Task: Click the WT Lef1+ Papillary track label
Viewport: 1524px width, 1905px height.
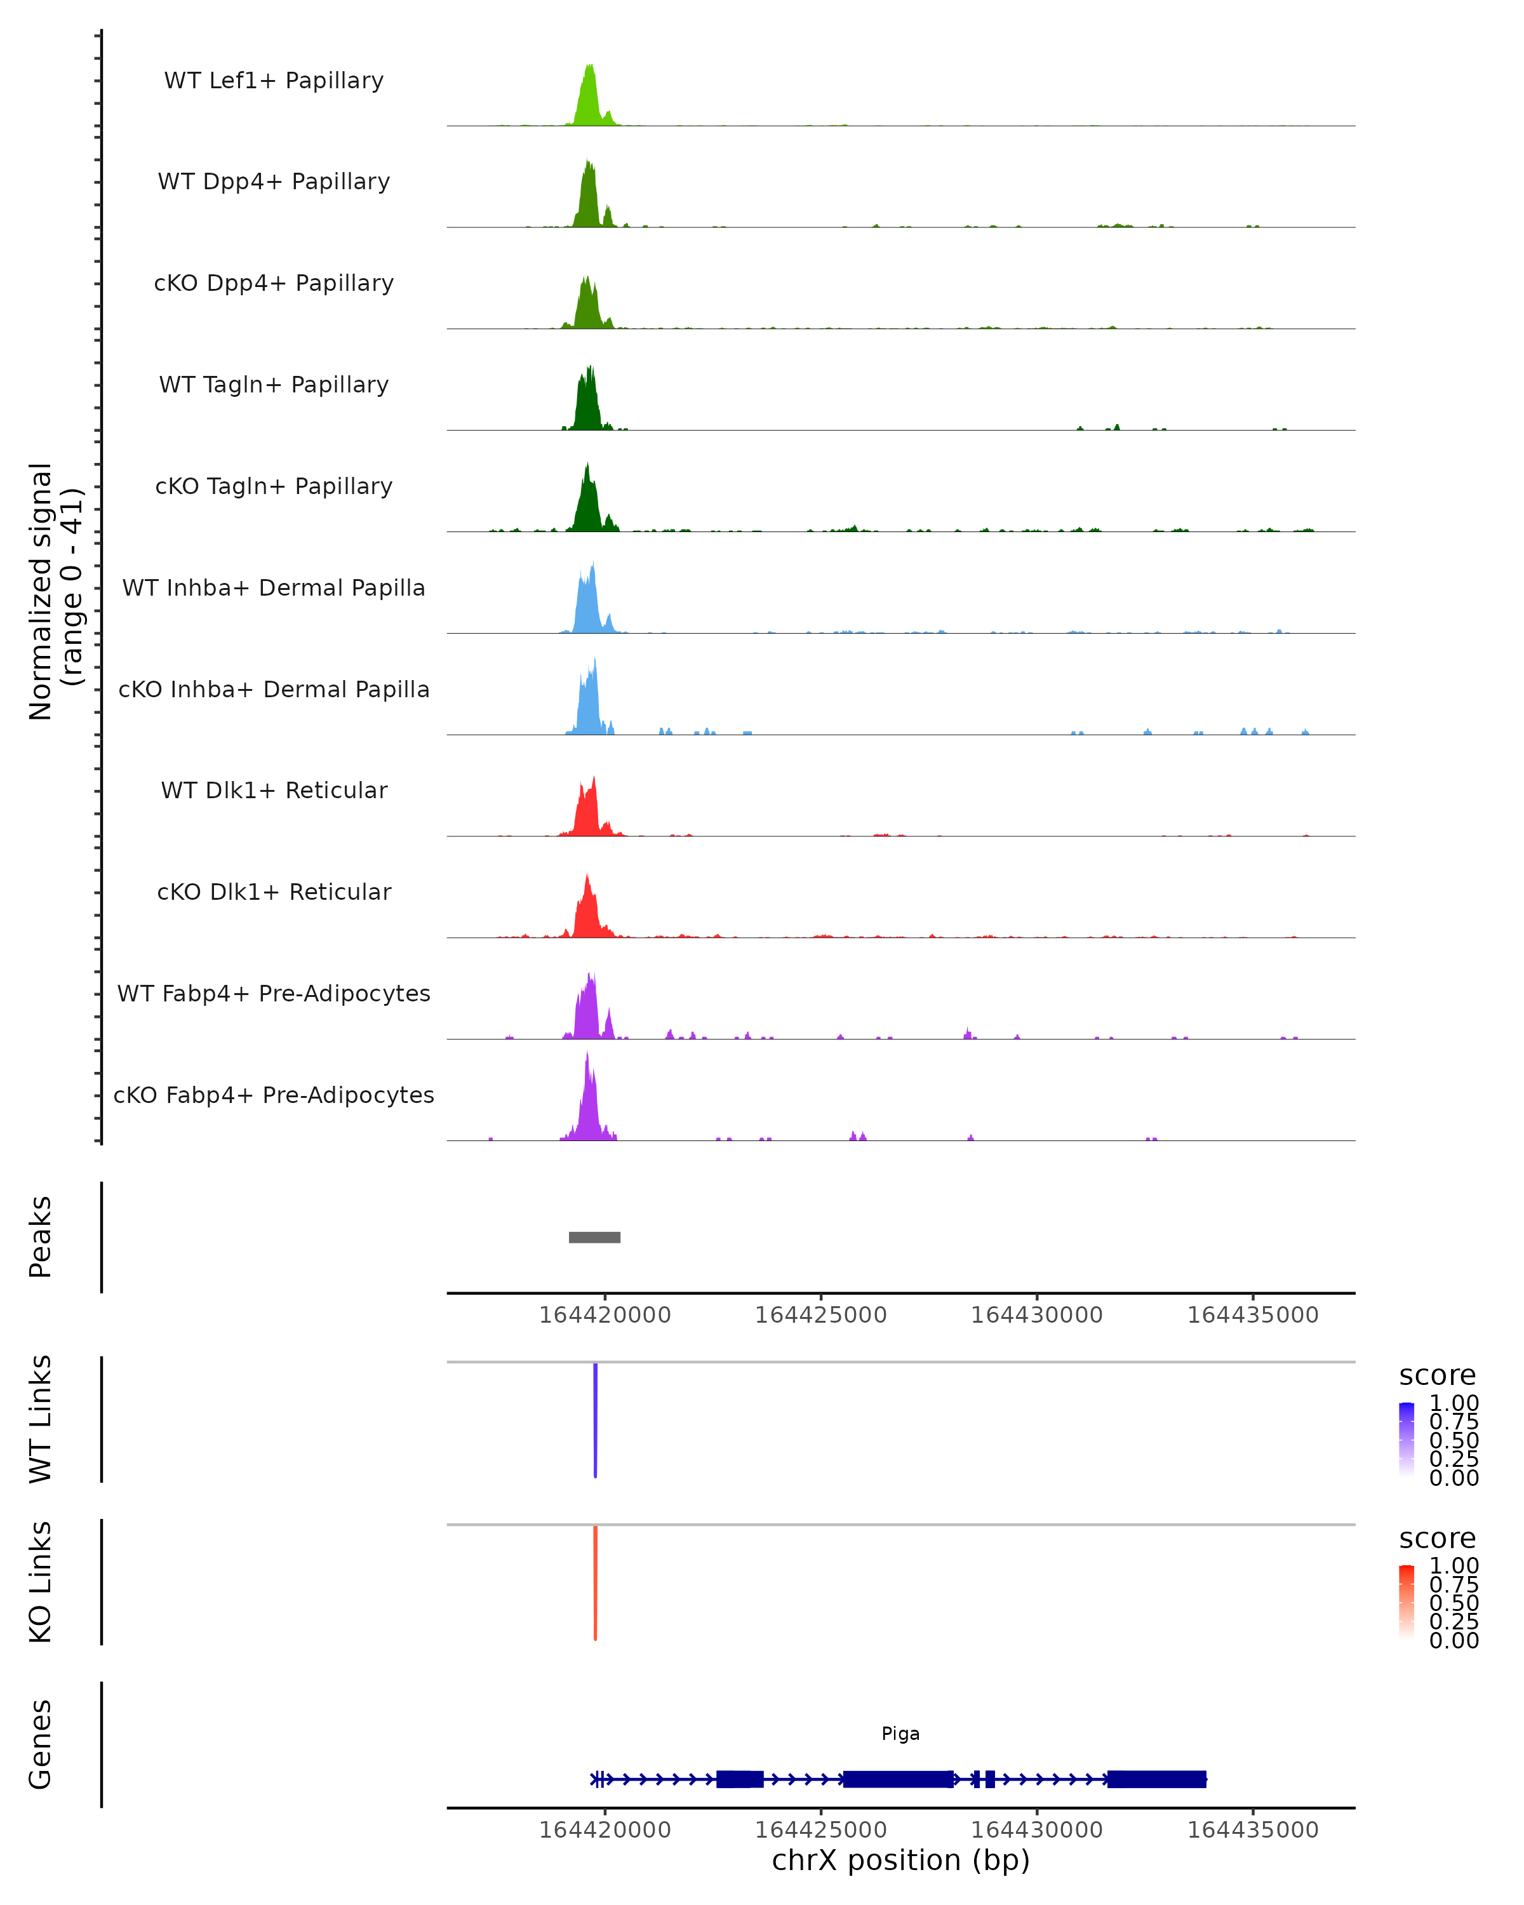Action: coord(274,81)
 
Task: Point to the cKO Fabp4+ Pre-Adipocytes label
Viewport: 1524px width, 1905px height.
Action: coord(274,1095)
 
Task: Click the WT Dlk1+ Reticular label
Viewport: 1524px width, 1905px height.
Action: coord(274,790)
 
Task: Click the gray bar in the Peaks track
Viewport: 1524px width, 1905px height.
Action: coord(594,1237)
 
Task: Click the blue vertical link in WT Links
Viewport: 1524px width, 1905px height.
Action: coord(596,1418)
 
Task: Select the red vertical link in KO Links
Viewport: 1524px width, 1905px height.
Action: coord(596,1582)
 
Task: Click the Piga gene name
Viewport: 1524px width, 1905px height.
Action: coord(900,1734)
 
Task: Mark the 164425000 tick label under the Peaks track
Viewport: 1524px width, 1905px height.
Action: coord(821,1315)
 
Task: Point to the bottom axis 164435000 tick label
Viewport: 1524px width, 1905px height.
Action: coord(1253,1830)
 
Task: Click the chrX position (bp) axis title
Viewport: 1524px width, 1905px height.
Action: coord(900,1860)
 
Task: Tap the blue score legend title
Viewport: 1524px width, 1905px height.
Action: coord(1436,1375)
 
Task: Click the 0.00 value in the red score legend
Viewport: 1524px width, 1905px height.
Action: coord(1454,1641)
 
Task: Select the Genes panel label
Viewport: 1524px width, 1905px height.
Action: coord(41,1744)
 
